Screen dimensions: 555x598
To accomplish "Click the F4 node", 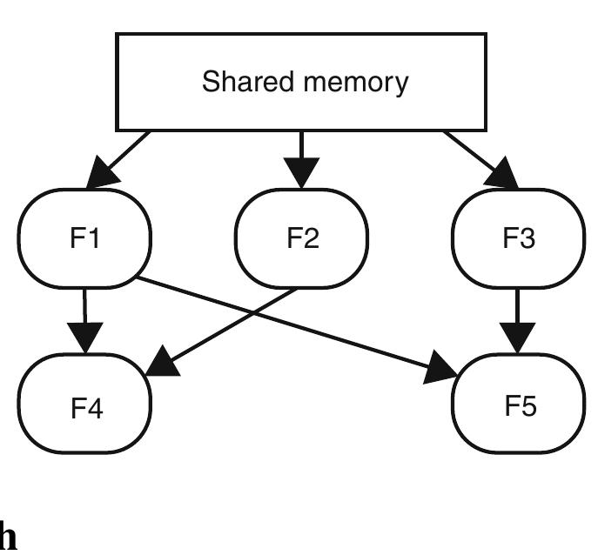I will (84, 405).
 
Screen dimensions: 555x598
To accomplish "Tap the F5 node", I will (520, 405).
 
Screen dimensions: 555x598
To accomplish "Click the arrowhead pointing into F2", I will (301, 174).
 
